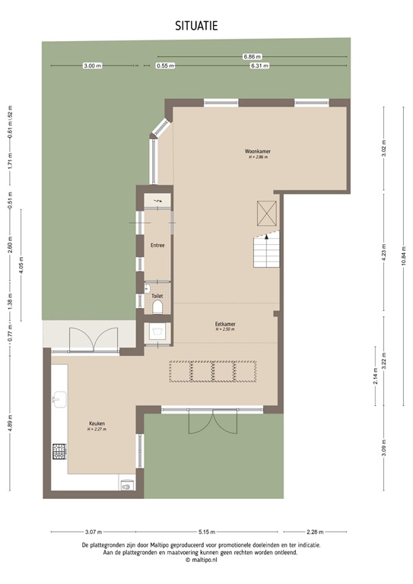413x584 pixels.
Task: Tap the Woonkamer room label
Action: [x=258, y=151]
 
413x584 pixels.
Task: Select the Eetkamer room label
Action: [x=224, y=324]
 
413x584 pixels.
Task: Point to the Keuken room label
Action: [x=96, y=424]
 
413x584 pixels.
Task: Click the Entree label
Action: [x=157, y=246]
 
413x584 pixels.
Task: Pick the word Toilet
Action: [x=157, y=297]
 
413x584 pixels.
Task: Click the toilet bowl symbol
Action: [x=157, y=307]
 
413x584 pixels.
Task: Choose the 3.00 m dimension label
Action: [x=91, y=66]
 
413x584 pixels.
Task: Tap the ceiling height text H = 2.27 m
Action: [x=96, y=430]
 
